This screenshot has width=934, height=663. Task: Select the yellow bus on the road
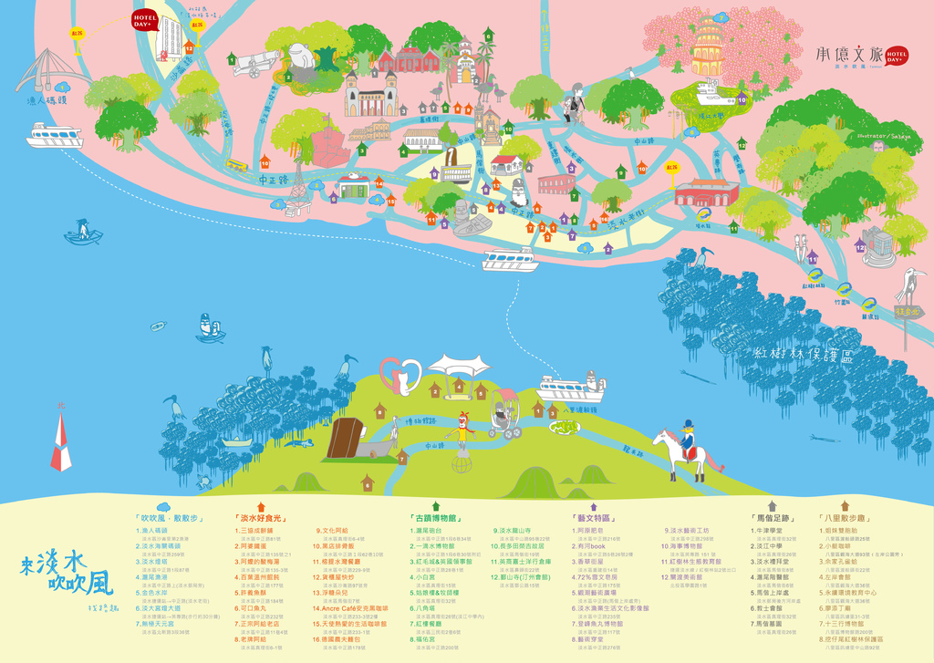click(236, 165)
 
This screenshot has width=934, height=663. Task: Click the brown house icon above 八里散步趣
click(846, 504)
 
